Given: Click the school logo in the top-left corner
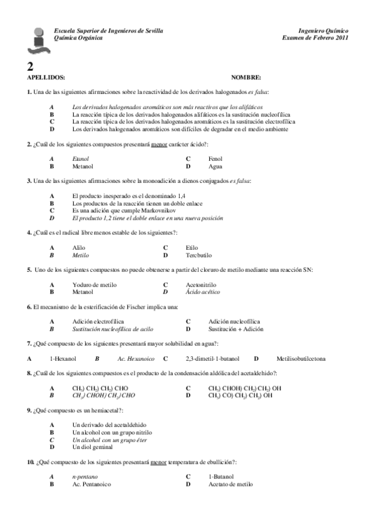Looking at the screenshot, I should coord(38,39).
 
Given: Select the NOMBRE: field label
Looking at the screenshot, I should coord(245,77).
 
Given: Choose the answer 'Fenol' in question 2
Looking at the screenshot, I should coord(215,160).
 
